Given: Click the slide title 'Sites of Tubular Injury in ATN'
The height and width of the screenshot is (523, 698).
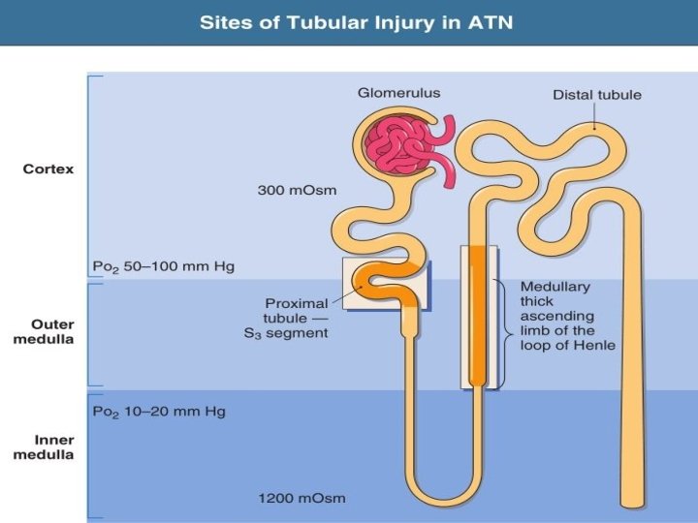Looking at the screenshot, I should [348, 21].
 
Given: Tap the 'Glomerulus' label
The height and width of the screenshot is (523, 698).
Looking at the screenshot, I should [398, 93].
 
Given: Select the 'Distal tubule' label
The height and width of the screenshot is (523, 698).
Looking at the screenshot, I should [596, 95].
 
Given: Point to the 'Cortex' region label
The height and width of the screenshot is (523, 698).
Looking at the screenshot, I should [48, 169].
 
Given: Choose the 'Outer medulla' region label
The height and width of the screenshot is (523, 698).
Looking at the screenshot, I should [48, 332].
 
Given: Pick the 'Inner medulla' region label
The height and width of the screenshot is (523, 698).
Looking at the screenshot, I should [48, 447].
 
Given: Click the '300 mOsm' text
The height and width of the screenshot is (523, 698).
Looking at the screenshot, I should [297, 190].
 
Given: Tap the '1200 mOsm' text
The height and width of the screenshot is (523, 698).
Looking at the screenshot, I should [301, 499].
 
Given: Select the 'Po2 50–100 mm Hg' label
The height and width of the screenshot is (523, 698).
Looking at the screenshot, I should [163, 265].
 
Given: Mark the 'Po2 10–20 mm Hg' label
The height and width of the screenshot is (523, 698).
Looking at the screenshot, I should [159, 412].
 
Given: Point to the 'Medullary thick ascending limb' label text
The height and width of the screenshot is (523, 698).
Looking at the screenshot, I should [567, 316].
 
